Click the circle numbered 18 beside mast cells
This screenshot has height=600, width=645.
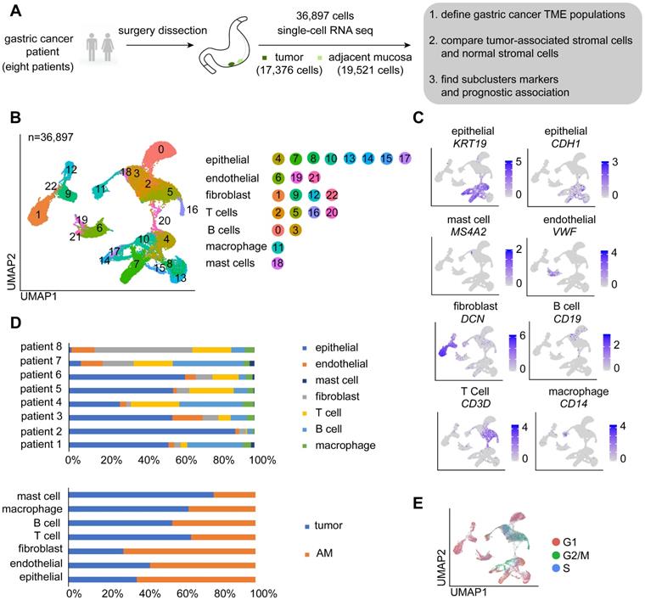pos(277,265)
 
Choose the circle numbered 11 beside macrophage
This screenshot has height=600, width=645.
pos(277,247)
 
